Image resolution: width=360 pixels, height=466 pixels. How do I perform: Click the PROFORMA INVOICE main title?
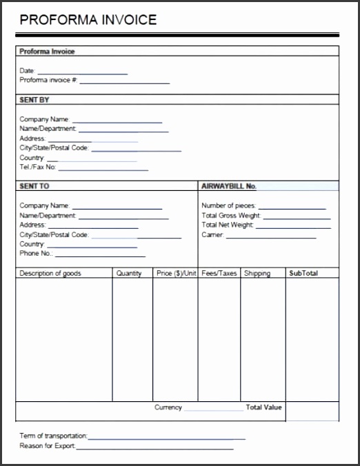point(88,19)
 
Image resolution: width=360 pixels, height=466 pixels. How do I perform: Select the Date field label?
point(27,71)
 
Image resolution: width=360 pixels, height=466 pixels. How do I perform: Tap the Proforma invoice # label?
point(48,81)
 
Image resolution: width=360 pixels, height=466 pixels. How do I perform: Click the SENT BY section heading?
point(34,100)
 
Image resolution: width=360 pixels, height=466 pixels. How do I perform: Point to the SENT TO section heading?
point(34,186)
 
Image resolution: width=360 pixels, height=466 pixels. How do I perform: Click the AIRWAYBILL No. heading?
point(228,186)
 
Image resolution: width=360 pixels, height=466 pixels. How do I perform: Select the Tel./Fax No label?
point(38,168)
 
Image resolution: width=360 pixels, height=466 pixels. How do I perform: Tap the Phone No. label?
point(37,254)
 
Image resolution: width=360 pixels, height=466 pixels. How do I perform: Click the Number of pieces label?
point(228,205)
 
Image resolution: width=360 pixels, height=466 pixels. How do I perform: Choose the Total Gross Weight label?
point(230,215)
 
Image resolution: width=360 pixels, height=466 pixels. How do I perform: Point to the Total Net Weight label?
point(228,225)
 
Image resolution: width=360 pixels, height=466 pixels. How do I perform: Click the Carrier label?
point(212,234)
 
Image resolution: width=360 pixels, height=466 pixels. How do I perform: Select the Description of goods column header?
point(50,273)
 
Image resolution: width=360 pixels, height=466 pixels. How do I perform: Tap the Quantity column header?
point(129,273)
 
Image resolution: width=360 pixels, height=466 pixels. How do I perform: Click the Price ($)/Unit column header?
point(177,273)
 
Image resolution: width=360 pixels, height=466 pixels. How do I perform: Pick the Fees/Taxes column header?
point(219,273)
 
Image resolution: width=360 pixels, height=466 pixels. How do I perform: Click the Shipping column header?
point(257,273)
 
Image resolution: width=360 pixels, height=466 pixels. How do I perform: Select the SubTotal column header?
point(303,273)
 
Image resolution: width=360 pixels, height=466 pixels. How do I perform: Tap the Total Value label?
point(263,407)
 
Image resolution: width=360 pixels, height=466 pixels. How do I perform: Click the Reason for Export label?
point(48,446)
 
